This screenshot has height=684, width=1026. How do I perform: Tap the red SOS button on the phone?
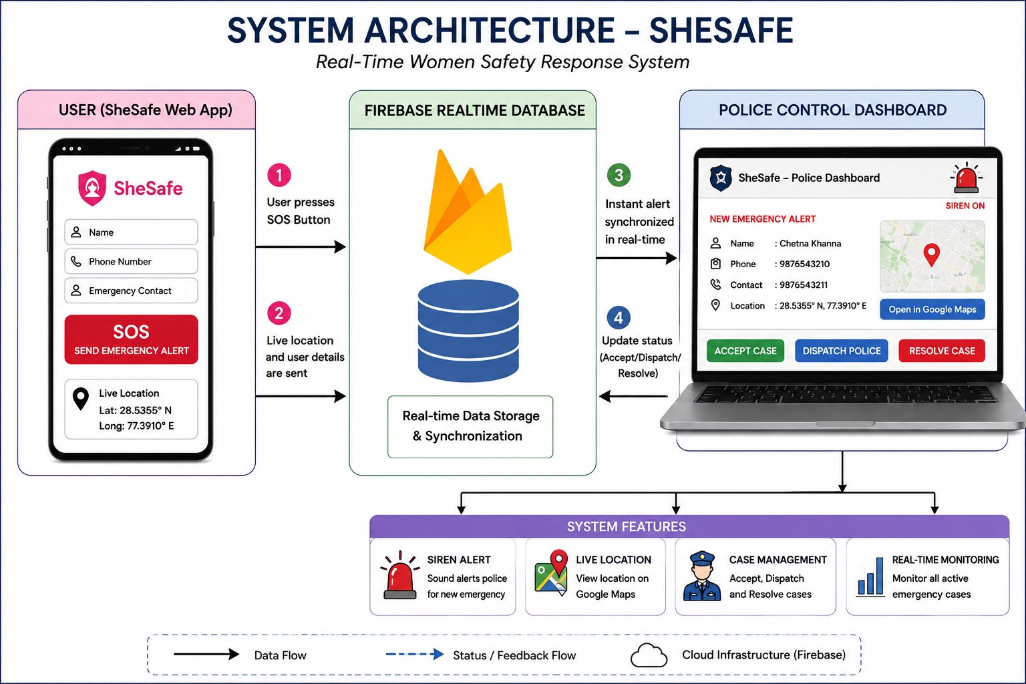131,339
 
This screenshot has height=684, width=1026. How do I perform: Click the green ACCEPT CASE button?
745,351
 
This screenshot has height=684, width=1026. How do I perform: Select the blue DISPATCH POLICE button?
842,351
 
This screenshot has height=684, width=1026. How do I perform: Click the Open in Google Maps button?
932,309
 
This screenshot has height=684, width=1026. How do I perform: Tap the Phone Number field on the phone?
131,261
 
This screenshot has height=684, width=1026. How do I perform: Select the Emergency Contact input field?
131,291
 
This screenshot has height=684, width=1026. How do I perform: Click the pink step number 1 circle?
279,175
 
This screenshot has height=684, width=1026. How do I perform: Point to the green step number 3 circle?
619,175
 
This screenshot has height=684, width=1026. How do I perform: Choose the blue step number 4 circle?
619,317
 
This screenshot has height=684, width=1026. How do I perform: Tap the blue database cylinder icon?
468,331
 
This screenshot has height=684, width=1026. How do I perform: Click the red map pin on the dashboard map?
932,254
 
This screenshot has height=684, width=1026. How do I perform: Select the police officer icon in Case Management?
702,576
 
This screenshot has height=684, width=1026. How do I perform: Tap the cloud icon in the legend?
649,655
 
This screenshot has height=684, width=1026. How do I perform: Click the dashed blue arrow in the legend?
415,654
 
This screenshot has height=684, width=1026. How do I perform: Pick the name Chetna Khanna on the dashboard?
810,243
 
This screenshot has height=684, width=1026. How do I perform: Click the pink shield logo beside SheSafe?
92,188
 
